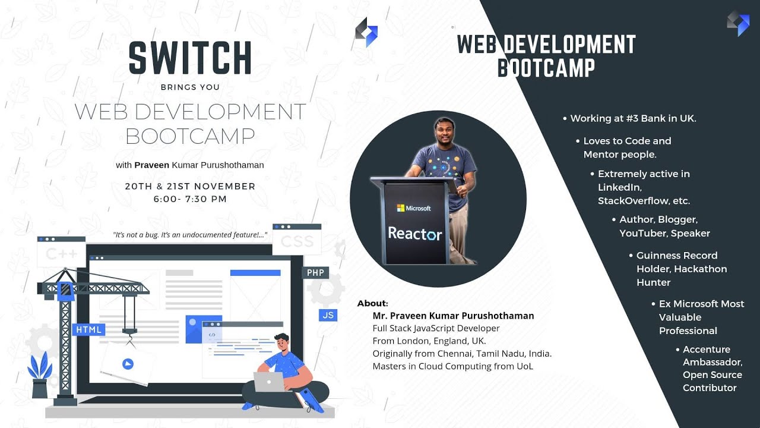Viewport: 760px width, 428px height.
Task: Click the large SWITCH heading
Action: coord(190,58)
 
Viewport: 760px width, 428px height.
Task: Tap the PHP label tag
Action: coord(315,273)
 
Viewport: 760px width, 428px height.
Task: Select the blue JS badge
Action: coord(328,315)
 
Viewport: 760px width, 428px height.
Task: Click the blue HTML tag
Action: coord(89,329)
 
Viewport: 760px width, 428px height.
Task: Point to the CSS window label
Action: coord(297,242)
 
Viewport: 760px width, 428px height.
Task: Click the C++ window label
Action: coord(61,254)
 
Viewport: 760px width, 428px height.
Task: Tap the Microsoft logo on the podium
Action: coord(414,208)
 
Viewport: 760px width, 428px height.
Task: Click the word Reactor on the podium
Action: coord(415,234)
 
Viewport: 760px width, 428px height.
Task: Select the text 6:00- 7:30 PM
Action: coord(190,199)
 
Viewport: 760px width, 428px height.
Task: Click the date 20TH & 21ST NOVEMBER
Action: coord(190,186)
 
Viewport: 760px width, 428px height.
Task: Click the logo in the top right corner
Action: coord(738,23)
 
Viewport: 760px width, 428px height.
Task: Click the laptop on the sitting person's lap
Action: coord(269,382)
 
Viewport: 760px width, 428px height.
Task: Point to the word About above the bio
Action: coord(372,304)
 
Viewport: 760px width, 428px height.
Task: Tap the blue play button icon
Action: coord(128,364)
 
